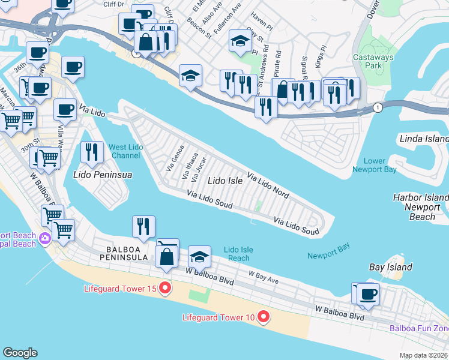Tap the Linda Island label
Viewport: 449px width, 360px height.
(424, 139)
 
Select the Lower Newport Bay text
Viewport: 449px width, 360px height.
(388, 165)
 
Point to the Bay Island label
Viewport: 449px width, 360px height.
(390, 267)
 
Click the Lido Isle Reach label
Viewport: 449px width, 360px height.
(238, 254)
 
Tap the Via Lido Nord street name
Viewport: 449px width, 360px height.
(268, 187)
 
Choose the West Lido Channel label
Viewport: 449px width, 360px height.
(126, 151)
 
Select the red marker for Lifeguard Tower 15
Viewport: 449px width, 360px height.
(164, 289)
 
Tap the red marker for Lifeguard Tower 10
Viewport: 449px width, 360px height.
(263, 316)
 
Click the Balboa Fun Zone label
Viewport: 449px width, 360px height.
(419, 328)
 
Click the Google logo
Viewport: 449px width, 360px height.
(20, 353)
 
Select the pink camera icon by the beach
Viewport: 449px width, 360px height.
(44, 239)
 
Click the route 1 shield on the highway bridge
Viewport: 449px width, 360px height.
(377, 107)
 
